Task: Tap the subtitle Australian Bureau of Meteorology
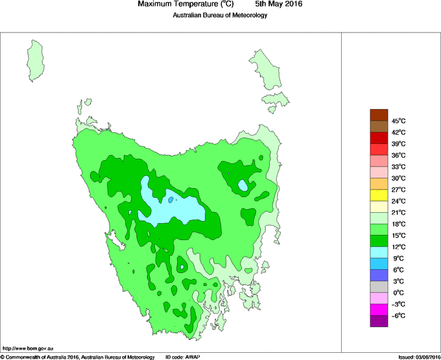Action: pyautogui.click(x=220, y=15)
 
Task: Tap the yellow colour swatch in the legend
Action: pyautogui.click(x=379, y=195)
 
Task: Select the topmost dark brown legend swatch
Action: pyautogui.click(x=379, y=115)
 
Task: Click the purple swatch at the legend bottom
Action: pyautogui.click(x=379, y=321)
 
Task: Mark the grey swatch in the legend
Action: pyautogui.click(x=379, y=287)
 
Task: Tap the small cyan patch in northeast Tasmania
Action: pyautogui.click(x=243, y=186)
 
